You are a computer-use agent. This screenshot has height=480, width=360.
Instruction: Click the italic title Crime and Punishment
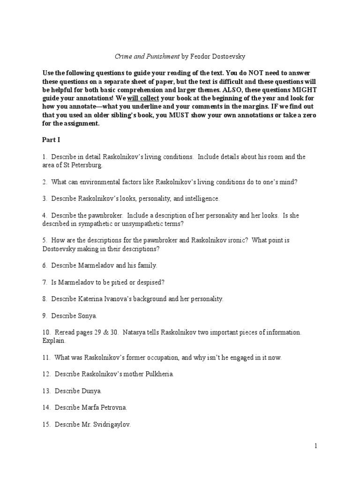147,56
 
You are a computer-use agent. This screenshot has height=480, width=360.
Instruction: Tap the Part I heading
51,140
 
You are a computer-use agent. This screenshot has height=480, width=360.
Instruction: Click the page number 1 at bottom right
316,446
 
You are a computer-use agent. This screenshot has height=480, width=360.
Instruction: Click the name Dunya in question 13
91,390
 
